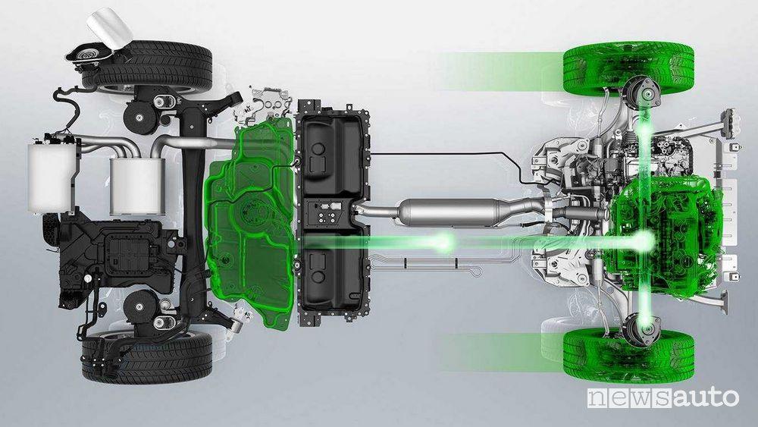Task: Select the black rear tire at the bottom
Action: pos(148,357)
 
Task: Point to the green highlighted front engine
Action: pos(667,233)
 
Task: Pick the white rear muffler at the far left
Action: pos(52,177)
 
